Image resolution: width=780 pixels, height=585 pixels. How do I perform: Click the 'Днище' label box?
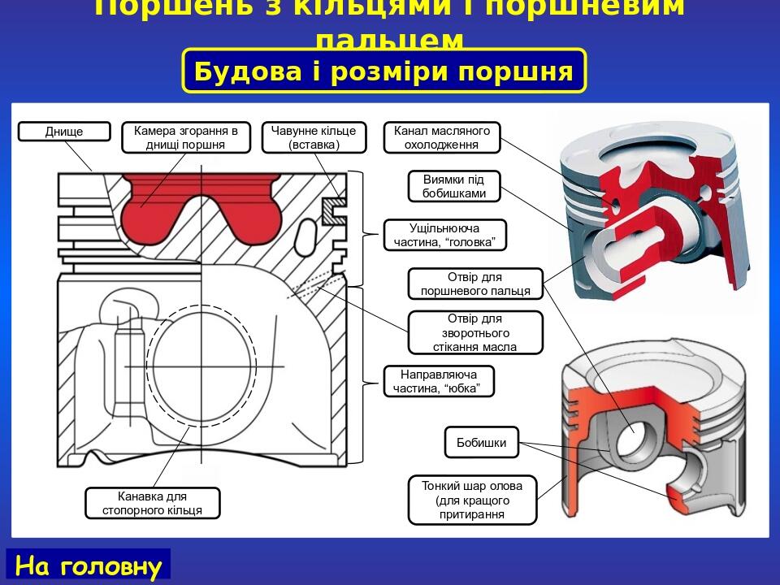coord(64,132)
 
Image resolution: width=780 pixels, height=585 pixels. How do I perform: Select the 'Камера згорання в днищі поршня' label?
coord(186,137)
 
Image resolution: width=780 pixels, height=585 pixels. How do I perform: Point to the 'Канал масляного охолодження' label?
coord(442,137)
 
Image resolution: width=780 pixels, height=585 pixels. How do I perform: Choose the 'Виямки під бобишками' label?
coord(454,186)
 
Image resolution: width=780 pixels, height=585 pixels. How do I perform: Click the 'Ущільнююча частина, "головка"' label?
coord(445,235)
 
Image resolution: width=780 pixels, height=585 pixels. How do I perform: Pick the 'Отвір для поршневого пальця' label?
coord(475,284)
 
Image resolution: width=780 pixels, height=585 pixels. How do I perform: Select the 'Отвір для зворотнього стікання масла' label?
coord(475,332)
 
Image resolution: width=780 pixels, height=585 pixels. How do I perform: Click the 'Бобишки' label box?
coord(482,443)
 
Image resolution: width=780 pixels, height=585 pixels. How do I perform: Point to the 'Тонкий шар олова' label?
coord(473,500)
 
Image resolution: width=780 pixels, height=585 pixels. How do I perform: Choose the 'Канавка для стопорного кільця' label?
coord(153,503)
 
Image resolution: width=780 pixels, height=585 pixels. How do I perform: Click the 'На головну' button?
coord(89,565)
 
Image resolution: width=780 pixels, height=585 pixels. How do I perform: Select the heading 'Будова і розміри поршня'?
coord(383,71)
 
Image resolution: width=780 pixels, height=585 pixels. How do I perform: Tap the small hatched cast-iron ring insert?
coord(334,210)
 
